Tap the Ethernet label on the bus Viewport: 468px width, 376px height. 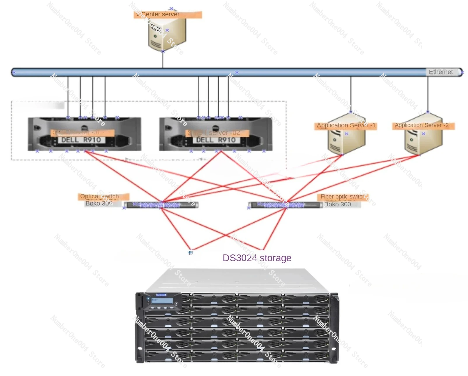[441, 72]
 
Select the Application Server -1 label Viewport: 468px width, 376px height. [346, 126]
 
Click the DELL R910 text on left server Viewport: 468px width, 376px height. [81, 140]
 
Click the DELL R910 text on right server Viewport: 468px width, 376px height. [216, 140]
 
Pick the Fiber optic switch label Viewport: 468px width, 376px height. [343, 197]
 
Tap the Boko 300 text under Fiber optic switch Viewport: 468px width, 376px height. [338, 204]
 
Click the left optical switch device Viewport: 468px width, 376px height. [161, 205]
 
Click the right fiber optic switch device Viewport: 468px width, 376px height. [284, 205]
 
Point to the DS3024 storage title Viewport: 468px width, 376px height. [257, 258]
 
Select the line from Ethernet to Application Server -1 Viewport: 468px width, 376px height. [351, 93]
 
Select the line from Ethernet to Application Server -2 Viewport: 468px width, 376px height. [428, 93]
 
